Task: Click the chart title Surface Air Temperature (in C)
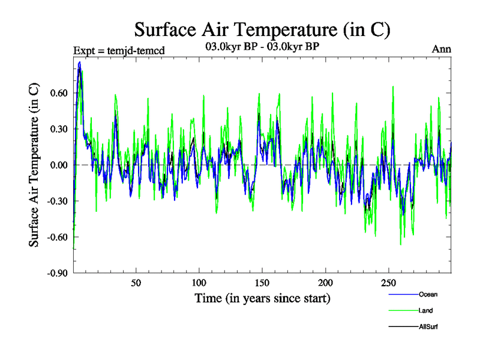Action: [x=262, y=29]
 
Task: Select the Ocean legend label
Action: [x=428, y=295]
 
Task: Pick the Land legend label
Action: [x=426, y=310]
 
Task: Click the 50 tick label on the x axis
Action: [x=136, y=283]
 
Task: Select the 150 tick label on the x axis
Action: [x=262, y=283]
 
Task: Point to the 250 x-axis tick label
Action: [x=388, y=283]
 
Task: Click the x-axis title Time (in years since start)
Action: [x=262, y=298]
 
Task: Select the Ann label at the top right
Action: [x=442, y=49]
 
